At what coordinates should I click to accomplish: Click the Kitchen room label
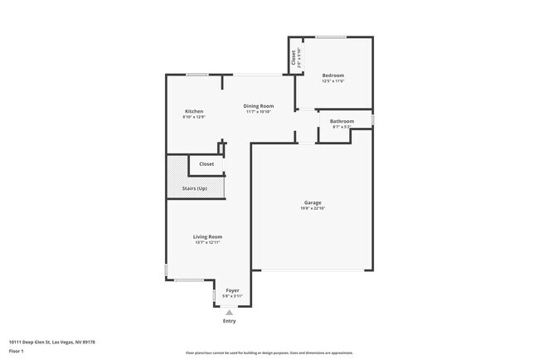(194, 111)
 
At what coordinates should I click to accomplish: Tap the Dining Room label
(258, 105)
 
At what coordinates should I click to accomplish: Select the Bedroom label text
(333, 75)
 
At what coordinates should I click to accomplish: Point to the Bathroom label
(342, 121)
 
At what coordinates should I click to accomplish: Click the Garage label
(312, 202)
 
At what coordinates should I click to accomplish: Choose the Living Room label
(207, 236)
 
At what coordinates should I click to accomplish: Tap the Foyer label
(232, 290)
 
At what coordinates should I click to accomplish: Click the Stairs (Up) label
(194, 188)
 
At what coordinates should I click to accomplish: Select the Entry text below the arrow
(230, 321)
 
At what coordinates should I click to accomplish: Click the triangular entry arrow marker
(230, 312)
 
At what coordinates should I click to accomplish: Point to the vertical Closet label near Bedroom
(293, 57)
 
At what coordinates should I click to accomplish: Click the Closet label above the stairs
(206, 164)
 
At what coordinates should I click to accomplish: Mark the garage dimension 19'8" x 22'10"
(312, 208)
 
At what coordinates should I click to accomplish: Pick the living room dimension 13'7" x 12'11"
(207, 242)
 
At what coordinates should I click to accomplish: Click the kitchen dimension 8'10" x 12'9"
(194, 117)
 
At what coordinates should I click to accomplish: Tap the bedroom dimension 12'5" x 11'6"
(333, 81)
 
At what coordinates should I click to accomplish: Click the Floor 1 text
(16, 351)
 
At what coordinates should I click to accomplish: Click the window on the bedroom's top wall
(331, 36)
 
